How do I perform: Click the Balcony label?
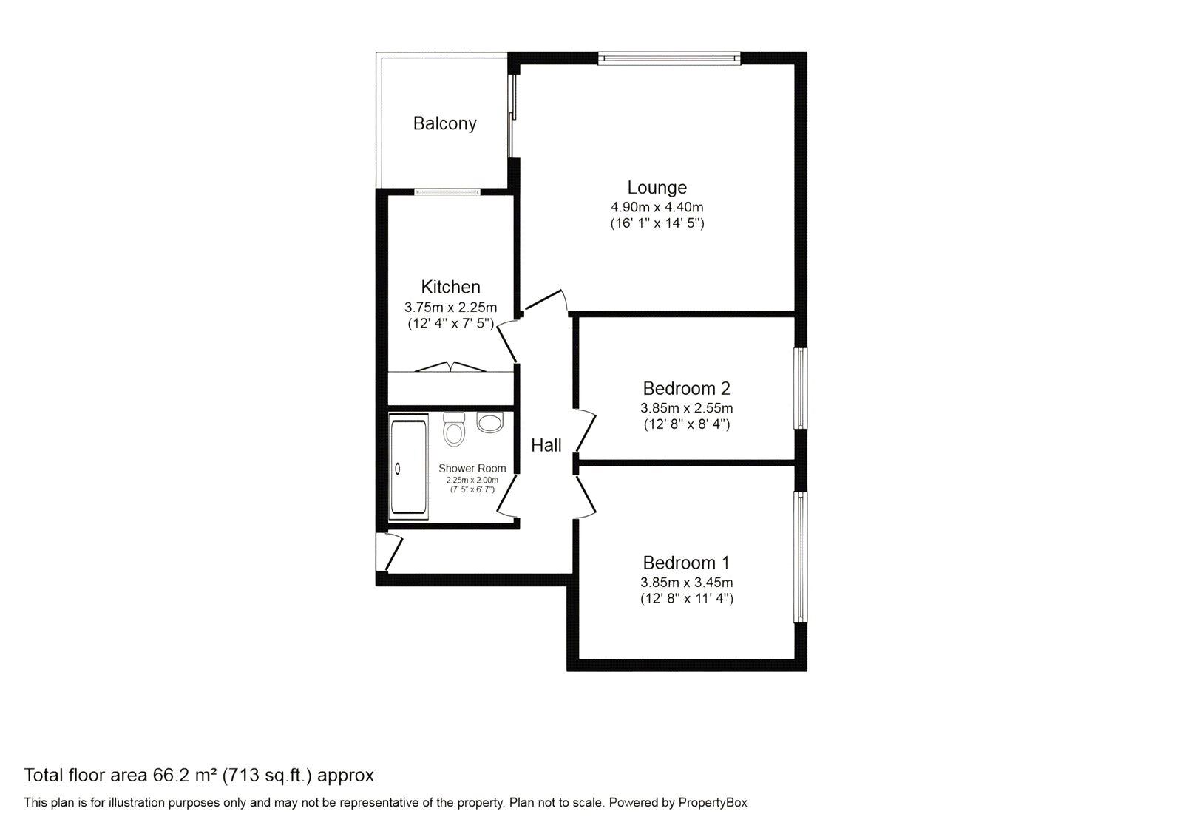[x=444, y=123]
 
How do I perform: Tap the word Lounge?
[x=657, y=188]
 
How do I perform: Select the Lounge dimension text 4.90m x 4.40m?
[x=657, y=207]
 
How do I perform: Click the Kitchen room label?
[x=450, y=287]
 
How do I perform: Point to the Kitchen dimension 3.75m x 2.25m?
[x=450, y=307]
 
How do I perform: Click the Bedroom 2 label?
[x=687, y=389]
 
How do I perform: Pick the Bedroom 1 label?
[x=687, y=563]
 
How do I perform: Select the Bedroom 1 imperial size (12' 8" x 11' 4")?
[x=687, y=599]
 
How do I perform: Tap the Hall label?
[x=546, y=446]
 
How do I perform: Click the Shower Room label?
[x=472, y=469]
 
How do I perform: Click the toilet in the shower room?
[x=454, y=429]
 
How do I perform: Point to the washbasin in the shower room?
[x=490, y=422]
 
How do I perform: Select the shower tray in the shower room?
[x=409, y=467]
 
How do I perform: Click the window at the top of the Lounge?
[x=670, y=58]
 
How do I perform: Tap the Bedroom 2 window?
[x=801, y=388]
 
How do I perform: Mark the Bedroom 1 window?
[x=801, y=557]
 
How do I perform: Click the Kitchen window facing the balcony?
[x=447, y=191]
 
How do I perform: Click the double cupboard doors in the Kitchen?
[x=450, y=367]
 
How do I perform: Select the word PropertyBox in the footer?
[x=713, y=803]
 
